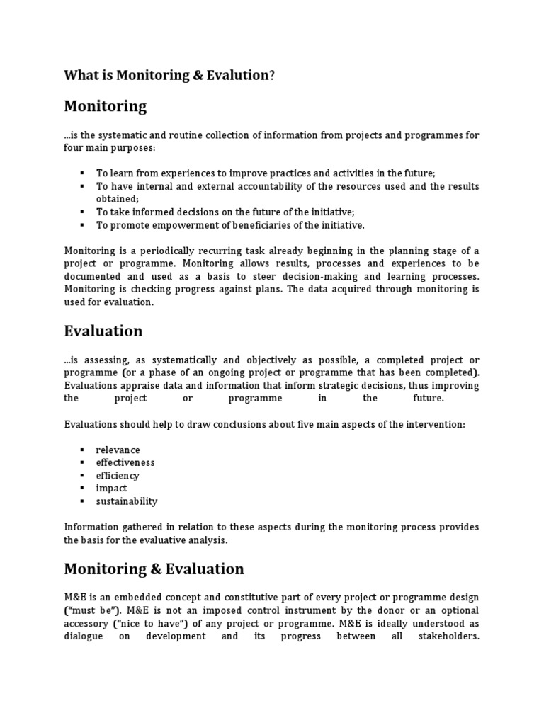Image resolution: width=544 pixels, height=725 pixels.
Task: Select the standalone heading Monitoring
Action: coord(105,107)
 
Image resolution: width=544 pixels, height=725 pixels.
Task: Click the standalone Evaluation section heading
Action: coord(103,331)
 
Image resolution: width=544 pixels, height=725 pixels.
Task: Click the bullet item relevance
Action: coord(118,450)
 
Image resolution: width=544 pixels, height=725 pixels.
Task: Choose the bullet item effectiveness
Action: coord(125,463)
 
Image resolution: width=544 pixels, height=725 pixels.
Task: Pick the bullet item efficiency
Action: coord(118,476)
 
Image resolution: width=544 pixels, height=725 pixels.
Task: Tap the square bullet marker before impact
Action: coord(82,489)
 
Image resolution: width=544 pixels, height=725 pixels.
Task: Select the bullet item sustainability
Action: coord(127,501)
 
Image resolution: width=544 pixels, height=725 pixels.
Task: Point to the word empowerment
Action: coord(181,224)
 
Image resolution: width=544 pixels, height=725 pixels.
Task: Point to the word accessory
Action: coord(86,623)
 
